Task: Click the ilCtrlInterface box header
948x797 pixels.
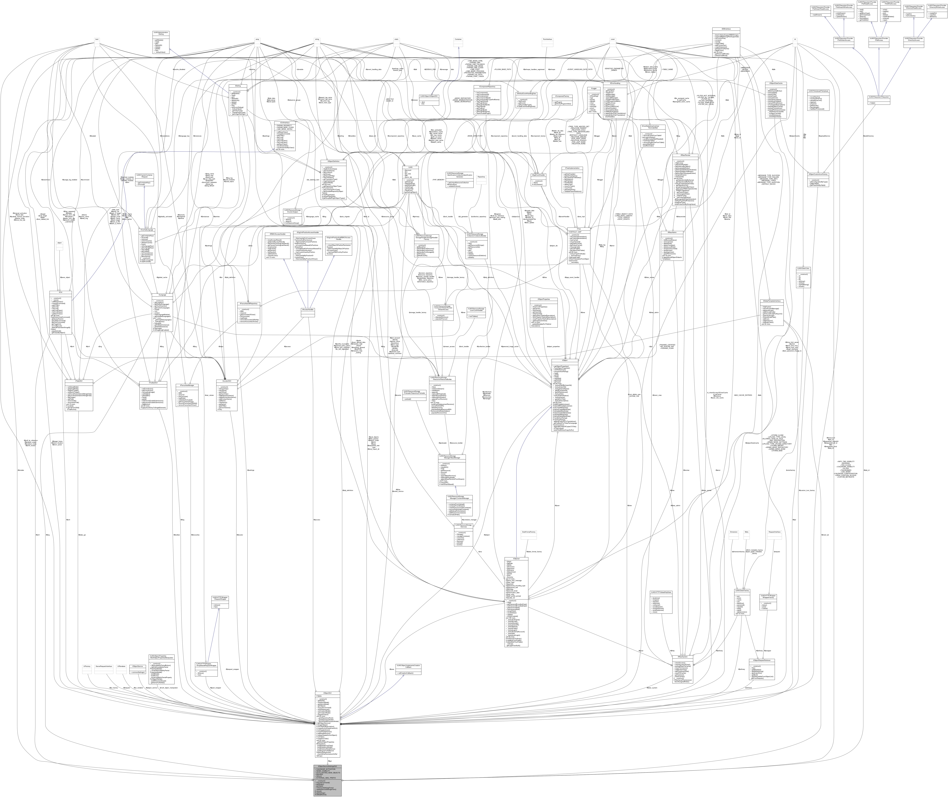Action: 285,123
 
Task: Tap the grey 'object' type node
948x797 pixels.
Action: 59,243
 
